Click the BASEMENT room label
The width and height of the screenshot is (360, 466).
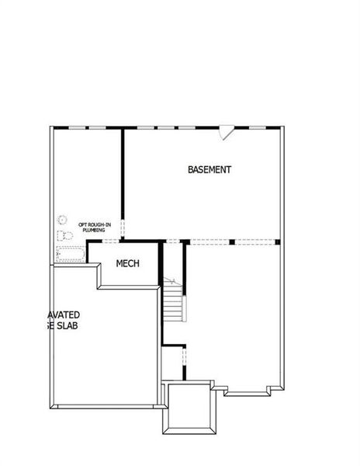(209, 169)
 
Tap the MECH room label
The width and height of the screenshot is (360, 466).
(127, 264)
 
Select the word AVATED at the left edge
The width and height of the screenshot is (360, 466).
(64, 315)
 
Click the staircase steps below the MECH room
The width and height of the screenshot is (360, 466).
(173, 306)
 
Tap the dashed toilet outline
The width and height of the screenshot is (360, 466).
(66, 235)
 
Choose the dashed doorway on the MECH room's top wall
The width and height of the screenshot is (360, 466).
(109, 242)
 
